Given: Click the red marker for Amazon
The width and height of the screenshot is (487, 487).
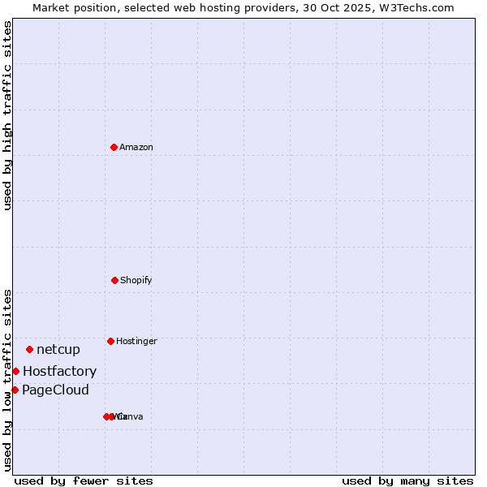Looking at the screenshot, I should pos(114,147).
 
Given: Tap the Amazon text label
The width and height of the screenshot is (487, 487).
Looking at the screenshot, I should pos(136,148).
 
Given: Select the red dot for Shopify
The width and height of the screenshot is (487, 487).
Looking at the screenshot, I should pos(114,280).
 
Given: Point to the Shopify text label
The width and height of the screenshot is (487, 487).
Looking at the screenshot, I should pos(136,281).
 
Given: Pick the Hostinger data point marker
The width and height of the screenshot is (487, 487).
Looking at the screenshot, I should pos(110,341).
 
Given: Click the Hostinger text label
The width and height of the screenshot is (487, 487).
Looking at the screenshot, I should pos(136,342).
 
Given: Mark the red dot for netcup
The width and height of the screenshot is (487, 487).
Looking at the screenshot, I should pos(29,349).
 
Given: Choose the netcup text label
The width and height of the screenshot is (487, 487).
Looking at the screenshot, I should pos(58,350).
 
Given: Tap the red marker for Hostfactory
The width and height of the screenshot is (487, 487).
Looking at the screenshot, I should pos(15,371).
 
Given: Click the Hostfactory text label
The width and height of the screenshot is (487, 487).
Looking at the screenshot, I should pos(59,372).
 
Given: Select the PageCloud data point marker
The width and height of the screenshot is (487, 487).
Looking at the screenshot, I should pos(15,390).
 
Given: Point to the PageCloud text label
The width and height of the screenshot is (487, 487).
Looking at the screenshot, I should pos(55,390).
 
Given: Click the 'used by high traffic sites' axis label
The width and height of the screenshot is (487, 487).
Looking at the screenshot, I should pos(7,115).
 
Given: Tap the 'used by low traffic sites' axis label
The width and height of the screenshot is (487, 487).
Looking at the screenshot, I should pos(7,379).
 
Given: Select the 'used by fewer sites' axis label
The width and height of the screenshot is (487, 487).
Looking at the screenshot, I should pos(84,481).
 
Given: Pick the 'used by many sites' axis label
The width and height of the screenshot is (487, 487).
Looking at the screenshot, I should pos(407,481).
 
